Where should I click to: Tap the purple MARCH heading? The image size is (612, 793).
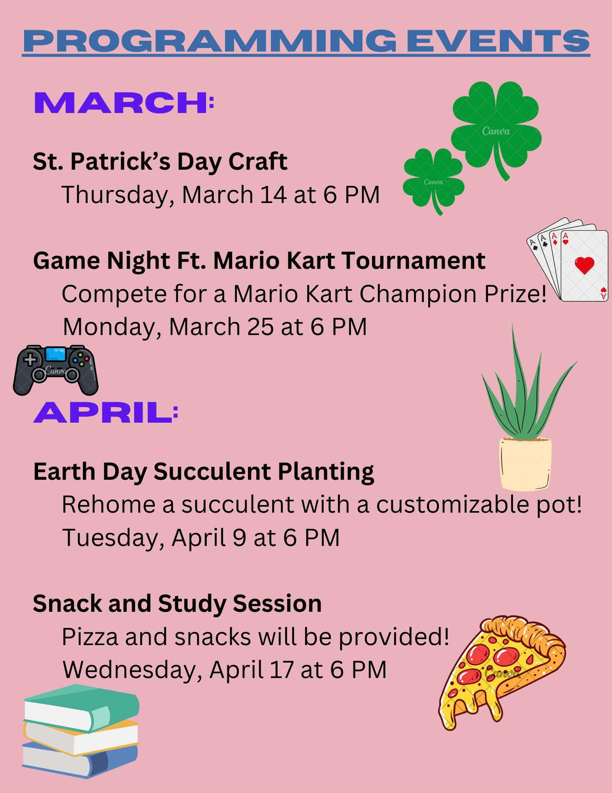click(121, 103)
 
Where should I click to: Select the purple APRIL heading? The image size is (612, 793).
click(103, 412)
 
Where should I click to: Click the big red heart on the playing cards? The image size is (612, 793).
click(585, 265)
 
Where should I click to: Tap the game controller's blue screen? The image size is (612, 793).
click(55, 354)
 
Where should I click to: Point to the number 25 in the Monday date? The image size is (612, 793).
click(260, 327)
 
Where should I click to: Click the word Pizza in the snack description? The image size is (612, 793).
click(90, 637)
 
